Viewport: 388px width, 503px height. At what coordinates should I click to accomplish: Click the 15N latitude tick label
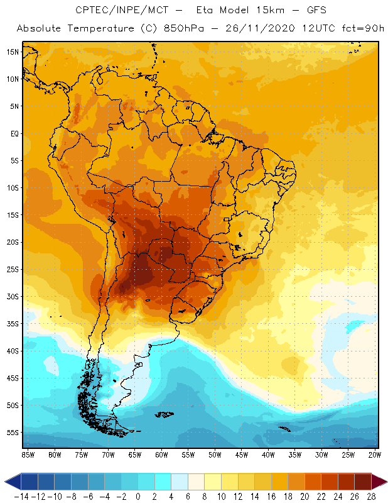point(13,52)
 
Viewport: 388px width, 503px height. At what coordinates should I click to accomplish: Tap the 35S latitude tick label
point(13,324)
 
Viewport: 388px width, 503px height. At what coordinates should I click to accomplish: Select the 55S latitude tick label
point(13,433)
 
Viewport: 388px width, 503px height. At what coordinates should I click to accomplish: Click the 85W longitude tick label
point(28,455)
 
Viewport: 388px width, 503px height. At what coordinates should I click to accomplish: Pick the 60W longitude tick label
point(161,455)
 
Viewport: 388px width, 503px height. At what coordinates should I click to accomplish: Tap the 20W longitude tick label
point(375,455)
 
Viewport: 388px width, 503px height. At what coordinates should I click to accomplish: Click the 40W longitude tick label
point(268,455)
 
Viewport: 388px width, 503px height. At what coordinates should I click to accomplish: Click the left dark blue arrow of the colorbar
point(11,482)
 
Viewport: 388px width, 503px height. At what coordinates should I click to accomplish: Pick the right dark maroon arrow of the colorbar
point(379,482)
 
